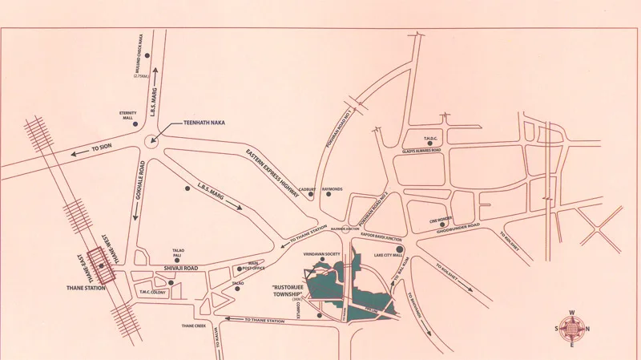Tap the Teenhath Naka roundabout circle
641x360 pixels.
click(x=151, y=144)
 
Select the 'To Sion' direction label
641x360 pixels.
click(x=103, y=149)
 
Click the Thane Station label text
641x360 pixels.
click(x=86, y=286)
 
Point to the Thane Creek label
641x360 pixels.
click(x=195, y=326)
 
